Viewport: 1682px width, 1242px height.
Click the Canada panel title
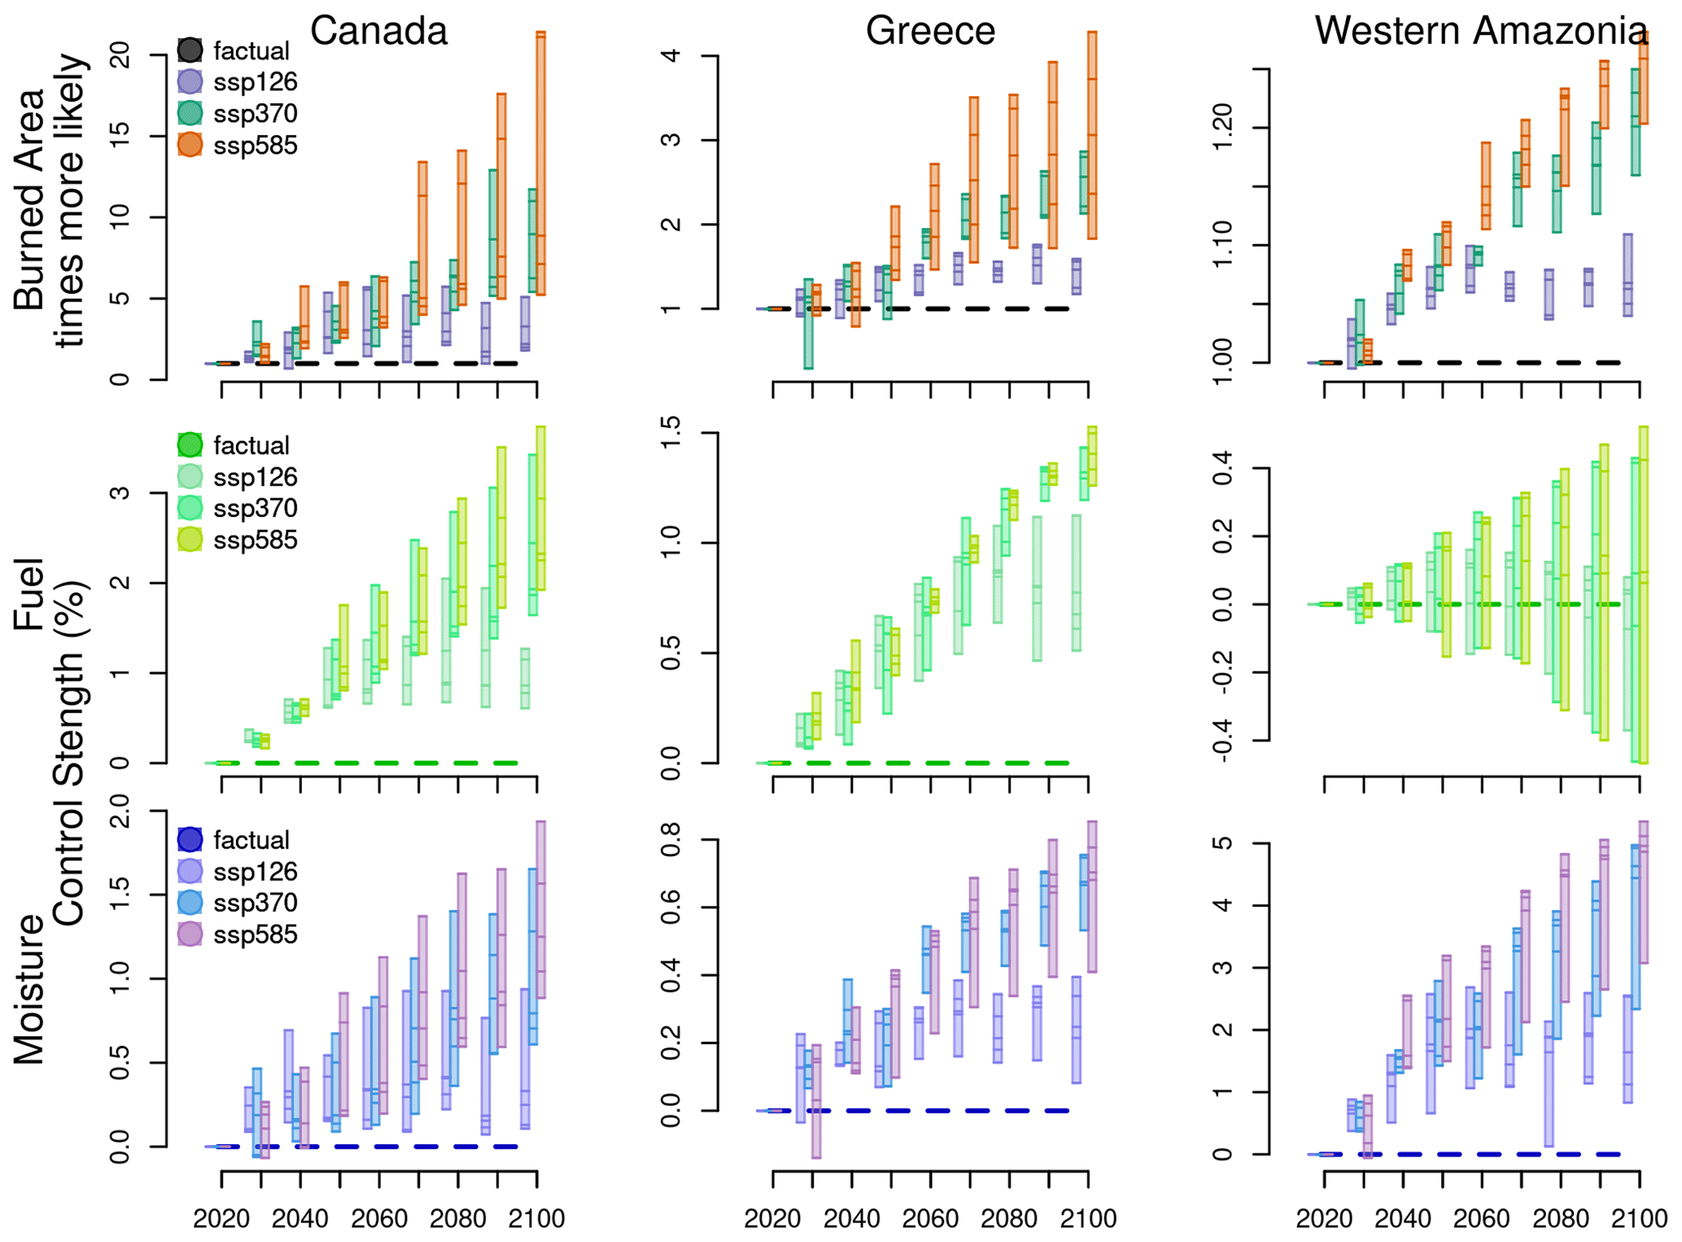click(x=378, y=31)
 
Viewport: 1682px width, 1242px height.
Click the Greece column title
click(x=930, y=31)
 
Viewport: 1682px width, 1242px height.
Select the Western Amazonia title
click(x=1480, y=31)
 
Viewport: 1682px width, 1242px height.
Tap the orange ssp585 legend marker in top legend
click(x=190, y=145)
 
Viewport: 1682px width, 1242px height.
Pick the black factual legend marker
click(x=190, y=50)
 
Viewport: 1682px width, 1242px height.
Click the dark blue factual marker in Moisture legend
click(x=190, y=839)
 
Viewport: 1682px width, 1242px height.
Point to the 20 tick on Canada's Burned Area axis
click(x=120, y=55)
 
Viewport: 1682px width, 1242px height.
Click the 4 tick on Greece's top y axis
click(x=671, y=55)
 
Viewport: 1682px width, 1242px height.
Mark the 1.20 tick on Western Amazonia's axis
click(x=1223, y=128)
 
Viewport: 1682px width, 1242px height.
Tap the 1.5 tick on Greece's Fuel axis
click(x=671, y=433)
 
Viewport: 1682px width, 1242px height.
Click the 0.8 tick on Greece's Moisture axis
click(x=671, y=839)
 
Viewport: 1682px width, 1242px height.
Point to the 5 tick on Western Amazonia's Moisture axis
click(x=1223, y=844)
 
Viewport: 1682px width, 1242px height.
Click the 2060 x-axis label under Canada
click(x=379, y=1218)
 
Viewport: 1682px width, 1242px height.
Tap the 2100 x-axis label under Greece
click(x=1088, y=1218)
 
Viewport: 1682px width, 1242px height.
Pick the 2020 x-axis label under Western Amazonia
click(x=1324, y=1218)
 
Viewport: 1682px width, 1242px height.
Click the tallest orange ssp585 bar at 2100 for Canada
click(x=540, y=163)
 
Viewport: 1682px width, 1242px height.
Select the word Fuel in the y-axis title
click(x=29, y=594)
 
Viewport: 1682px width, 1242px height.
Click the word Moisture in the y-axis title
click(x=29, y=989)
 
